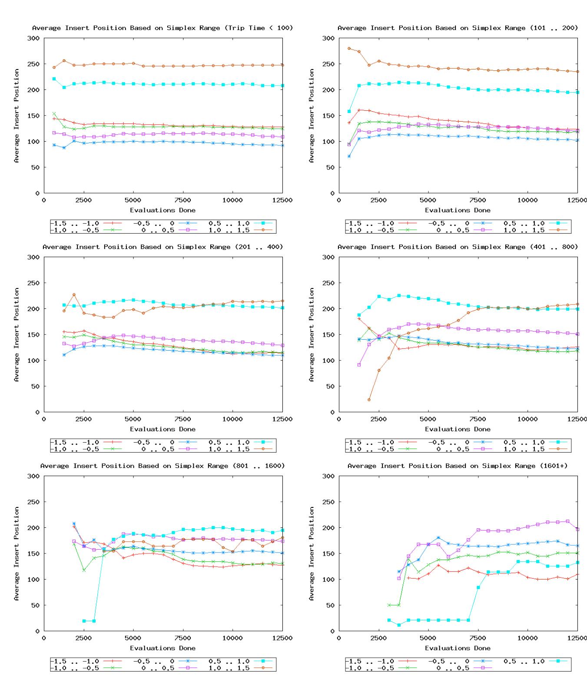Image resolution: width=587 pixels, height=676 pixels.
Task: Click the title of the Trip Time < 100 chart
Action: click(x=163, y=28)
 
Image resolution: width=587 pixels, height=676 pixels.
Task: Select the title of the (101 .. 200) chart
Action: click(x=458, y=28)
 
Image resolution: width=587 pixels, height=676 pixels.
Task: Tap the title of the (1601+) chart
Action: click(x=458, y=466)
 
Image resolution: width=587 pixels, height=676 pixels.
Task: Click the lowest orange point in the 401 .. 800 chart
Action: click(x=369, y=400)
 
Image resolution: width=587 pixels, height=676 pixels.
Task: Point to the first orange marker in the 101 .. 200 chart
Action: click(x=349, y=48)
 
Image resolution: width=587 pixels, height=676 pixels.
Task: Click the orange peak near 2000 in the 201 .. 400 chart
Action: click(x=74, y=295)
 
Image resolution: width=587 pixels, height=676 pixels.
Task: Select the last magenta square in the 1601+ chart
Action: click(x=578, y=529)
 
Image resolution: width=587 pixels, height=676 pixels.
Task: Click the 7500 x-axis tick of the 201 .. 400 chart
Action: click(x=182, y=419)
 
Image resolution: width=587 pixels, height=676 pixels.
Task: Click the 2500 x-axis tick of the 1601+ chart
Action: click(x=378, y=638)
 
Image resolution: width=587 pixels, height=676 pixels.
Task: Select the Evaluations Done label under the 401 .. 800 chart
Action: click(x=458, y=429)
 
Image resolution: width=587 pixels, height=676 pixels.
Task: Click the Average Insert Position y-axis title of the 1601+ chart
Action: click(x=312, y=553)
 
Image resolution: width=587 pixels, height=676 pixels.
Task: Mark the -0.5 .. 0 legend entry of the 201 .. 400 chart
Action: click(x=164, y=442)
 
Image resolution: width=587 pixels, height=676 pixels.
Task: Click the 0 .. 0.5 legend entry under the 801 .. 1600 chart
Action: click(x=164, y=668)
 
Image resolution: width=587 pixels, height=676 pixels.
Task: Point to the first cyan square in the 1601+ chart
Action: click(x=389, y=620)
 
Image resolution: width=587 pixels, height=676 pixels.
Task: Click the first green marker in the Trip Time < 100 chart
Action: click(x=54, y=114)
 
